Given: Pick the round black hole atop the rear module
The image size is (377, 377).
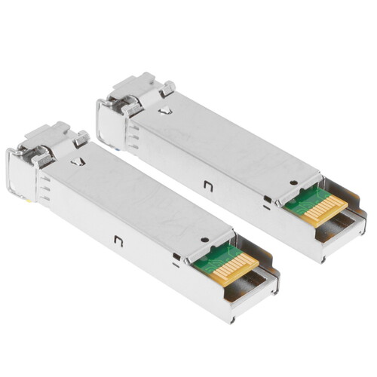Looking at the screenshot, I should pos(293,182).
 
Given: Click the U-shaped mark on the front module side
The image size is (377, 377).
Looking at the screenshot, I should pos(118,241).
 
